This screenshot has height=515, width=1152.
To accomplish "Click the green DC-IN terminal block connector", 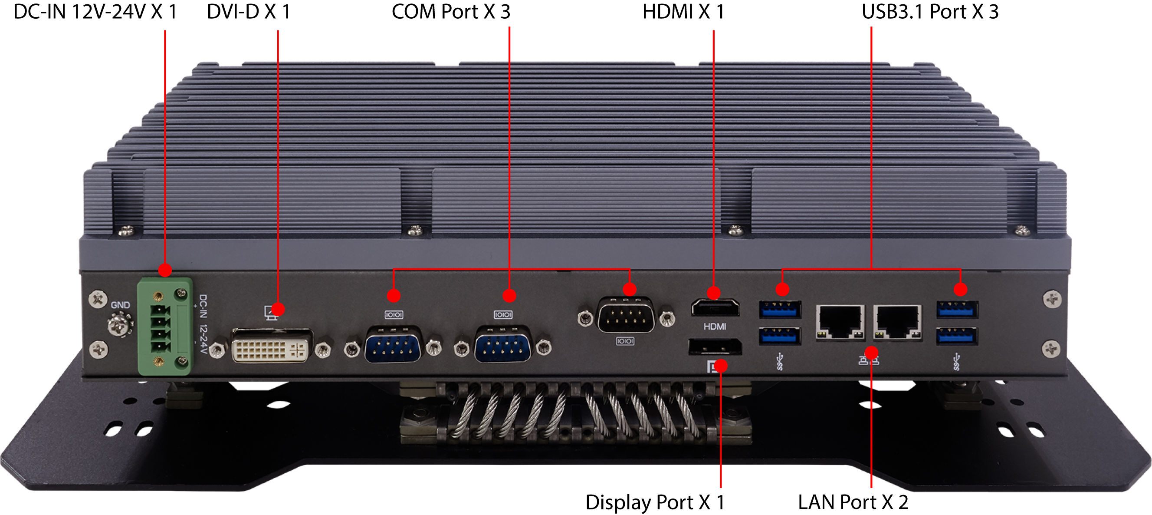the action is pyautogui.click(x=165, y=326).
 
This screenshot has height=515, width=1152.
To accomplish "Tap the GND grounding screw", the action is pyautogui.click(x=120, y=324).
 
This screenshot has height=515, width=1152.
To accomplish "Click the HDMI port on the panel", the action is pyautogui.click(x=715, y=308).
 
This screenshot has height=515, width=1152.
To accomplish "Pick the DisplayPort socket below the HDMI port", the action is pyautogui.click(x=715, y=347).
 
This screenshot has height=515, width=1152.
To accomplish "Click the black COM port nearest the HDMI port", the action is pyautogui.click(x=626, y=316).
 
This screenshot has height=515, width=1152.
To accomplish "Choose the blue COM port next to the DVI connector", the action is pyautogui.click(x=394, y=344).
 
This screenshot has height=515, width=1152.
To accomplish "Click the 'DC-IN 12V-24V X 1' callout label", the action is pyautogui.click(x=95, y=12).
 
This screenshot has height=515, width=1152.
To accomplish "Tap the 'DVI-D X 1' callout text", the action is pyautogui.click(x=249, y=12).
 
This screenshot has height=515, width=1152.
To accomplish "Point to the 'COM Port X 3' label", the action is pyautogui.click(x=451, y=12).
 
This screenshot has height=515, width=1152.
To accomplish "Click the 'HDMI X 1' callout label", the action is pyautogui.click(x=683, y=12).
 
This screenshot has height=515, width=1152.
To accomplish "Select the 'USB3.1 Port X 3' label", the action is pyautogui.click(x=930, y=12).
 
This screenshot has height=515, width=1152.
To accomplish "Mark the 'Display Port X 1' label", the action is pyautogui.click(x=655, y=502).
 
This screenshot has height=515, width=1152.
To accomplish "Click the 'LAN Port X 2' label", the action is pyautogui.click(x=853, y=502).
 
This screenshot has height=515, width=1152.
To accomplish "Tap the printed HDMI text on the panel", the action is pyautogui.click(x=715, y=327).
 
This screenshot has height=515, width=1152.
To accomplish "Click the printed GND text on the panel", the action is pyautogui.click(x=120, y=305).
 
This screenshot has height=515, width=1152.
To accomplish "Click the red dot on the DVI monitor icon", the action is pyautogui.click(x=278, y=309).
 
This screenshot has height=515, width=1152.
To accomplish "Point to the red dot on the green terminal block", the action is pyautogui.click(x=165, y=270).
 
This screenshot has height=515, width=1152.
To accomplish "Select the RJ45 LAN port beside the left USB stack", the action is pyautogui.click(x=840, y=323).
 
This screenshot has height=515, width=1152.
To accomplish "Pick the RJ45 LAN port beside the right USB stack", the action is pyautogui.click(x=898, y=323).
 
